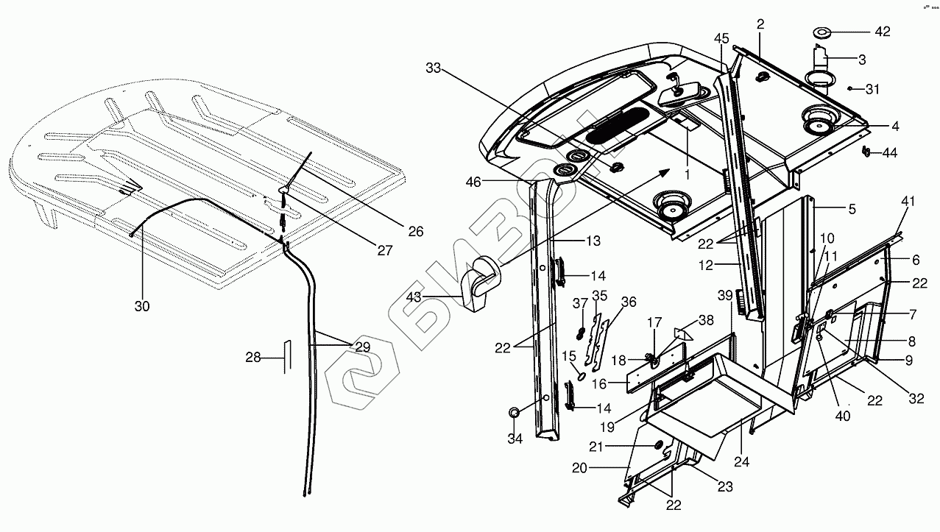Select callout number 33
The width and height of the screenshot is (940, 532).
coord(434,68)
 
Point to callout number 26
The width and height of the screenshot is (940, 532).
coord(415,231)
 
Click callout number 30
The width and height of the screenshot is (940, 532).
coord(142,306)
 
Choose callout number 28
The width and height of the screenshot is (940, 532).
coord(253,358)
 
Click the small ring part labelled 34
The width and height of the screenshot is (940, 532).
coord(515,413)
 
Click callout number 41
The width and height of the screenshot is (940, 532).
coord(908,201)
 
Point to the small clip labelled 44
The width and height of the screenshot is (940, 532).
coord(866,152)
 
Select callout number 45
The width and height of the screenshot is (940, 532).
coord(721,38)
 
